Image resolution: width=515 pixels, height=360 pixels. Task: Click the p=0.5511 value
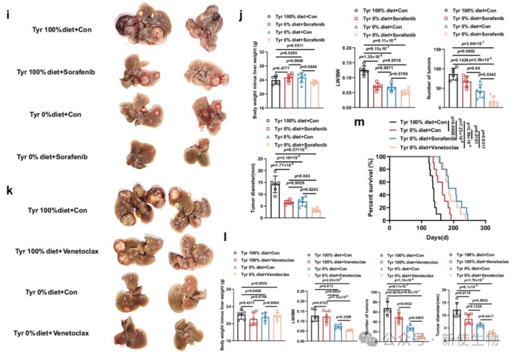coord(288,47)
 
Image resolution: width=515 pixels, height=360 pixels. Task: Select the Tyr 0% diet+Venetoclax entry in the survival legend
coord(428,146)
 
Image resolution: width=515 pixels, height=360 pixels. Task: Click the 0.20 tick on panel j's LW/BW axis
coord(346,48)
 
